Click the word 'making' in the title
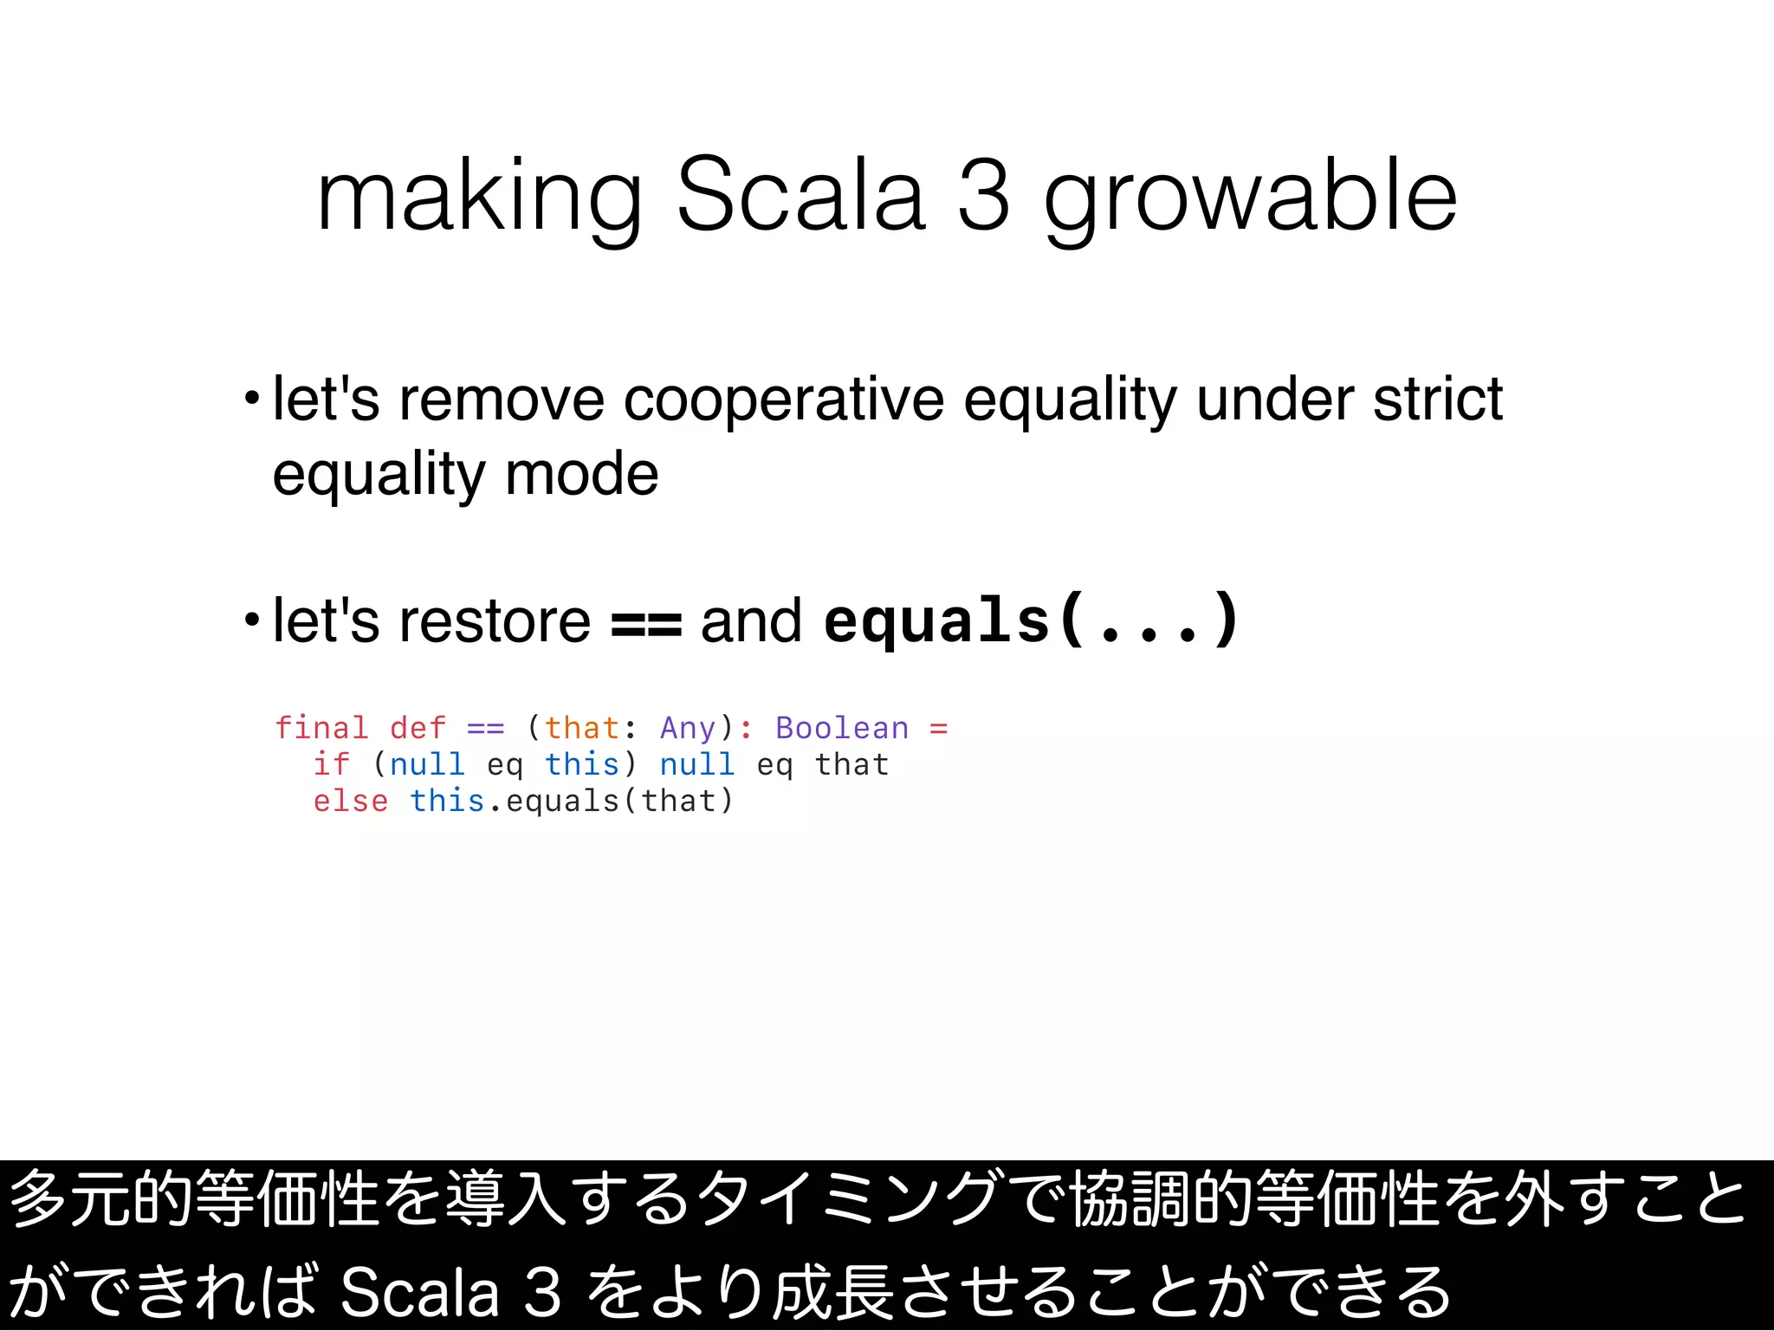coord(479,198)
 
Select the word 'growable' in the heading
coord(1250,198)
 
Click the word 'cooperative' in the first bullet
coord(783,399)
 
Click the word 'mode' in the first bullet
coord(581,474)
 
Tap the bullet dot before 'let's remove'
coord(252,399)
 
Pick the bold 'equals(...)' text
coord(1031,620)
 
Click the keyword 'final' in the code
coord(321,728)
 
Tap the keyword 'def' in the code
coord(418,728)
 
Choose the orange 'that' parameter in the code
coord(582,728)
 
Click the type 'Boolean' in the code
coord(842,728)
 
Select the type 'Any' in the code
coord(688,728)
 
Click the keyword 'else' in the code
coord(351,802)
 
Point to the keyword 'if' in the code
coord(332,764)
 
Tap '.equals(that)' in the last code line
coord(612,802)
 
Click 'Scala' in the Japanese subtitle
coord(420,1292)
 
